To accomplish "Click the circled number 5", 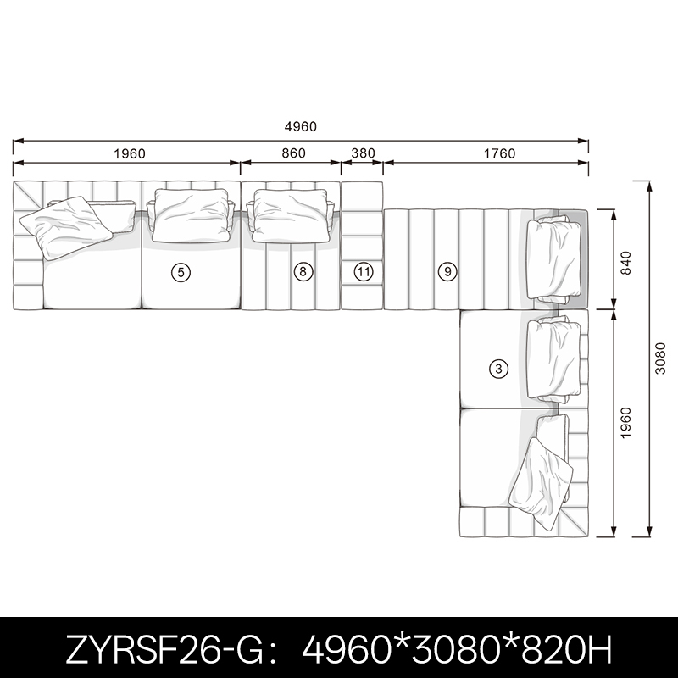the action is point(181,272).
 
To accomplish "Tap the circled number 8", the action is point(303,271).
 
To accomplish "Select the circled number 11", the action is point(364,272).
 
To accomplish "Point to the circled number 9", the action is point(447,271).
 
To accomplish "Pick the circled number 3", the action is point(498,369).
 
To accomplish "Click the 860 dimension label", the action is point(293,153).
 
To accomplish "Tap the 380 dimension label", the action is point(364,153).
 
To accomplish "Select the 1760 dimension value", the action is point(499,153).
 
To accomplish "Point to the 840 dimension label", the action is point(625,263).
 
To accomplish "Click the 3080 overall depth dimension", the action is point(660,358).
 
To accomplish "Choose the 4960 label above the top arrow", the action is point(301,126).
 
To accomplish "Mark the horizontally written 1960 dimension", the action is point(130,153).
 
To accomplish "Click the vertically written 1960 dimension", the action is point(625,423).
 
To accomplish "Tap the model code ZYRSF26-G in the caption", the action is point(164,649).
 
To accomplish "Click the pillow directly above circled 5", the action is point(191,215).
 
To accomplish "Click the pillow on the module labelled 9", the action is point(553,260).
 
